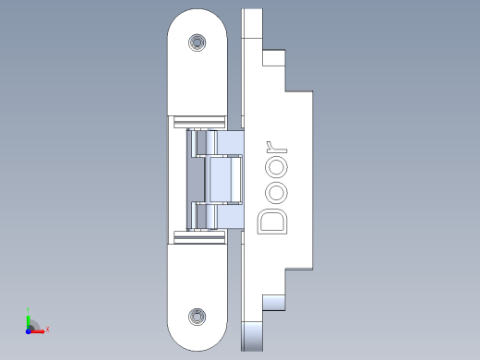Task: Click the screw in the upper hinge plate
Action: click(x=198, y=42)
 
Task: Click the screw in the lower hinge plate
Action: click(x=198, y=317)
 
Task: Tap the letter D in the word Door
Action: click(x=272, y=222)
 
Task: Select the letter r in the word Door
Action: click(x=276, y=148)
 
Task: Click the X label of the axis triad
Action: click(x=47, y=330)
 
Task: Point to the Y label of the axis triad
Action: click(x=28, y=310)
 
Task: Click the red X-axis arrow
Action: click(x=37, y=331)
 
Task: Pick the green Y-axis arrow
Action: click(x=29, y=322)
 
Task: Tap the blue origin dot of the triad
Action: click(x=29, y=331)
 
